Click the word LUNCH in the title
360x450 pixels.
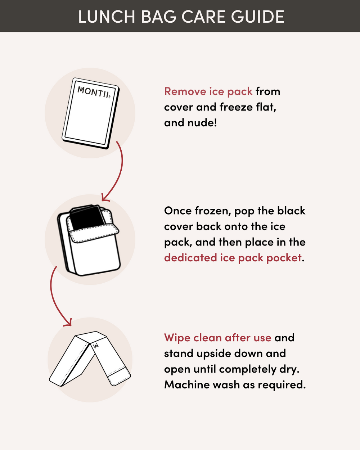click(x=107, y=17)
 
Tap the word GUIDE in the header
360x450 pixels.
click(x=258, y=17)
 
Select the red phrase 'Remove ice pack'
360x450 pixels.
click(x=208, y=91)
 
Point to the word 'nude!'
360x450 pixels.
click(x=202, y=122)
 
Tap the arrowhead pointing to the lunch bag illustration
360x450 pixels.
click(x=105, y=198)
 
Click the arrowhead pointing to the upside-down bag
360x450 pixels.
click(x=68, y=323)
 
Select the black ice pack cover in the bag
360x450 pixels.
click(x=87, y=217)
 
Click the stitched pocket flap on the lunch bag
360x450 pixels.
click(x=94, y=233)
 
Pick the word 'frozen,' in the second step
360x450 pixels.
click(x=213, y=211)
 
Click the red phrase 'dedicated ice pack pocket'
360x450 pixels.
click(x=233, y=258)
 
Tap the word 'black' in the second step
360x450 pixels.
click(x=291, y=211)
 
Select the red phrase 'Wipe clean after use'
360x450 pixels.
click(x=218, y=338)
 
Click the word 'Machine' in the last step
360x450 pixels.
click(x=187, y=384)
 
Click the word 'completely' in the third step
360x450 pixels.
click(x=248, y=369)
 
